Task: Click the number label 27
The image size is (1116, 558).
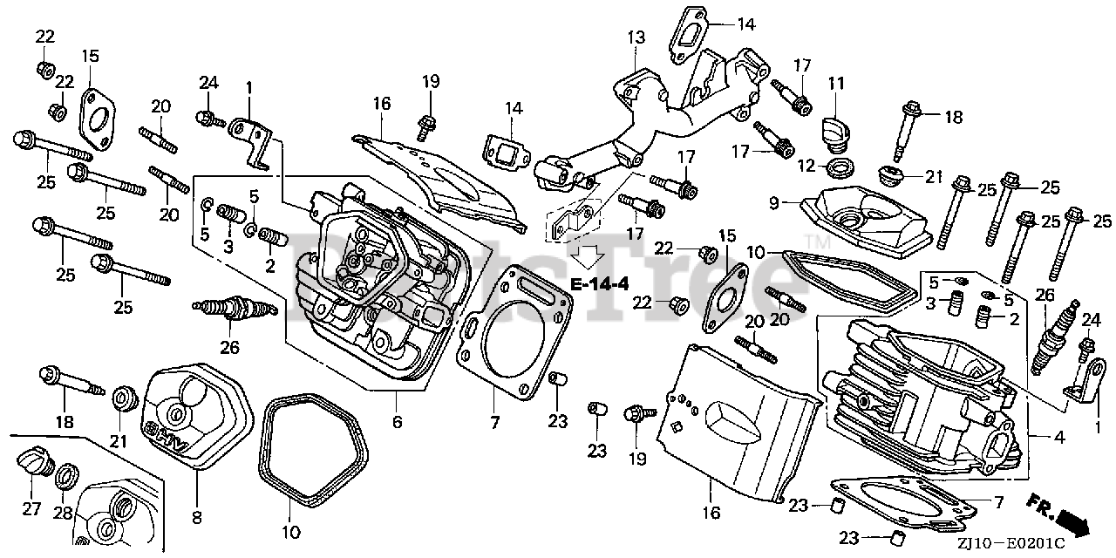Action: point(31,508)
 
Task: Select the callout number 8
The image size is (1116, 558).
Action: point(196,518)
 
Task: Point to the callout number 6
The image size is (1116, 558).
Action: point(398,422)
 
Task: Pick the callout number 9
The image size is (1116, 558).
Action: point(772,203)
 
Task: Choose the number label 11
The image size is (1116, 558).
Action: point(837,84)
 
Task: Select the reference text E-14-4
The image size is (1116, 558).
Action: point(600,284)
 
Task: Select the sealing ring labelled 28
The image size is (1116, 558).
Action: point(65,477)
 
